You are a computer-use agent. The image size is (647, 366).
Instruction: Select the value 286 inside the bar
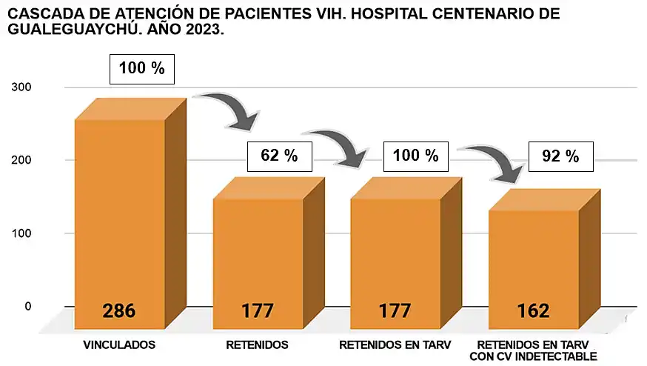pos(118,310)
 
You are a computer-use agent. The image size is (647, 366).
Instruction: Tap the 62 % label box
pos(278,156)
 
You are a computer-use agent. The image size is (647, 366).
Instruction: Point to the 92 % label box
pos(560,156)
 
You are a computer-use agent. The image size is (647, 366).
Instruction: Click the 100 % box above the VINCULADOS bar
pos(142,70)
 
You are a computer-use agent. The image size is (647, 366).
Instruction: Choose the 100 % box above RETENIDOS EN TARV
pos(416,156)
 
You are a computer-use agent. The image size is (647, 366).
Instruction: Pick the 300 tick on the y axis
pos(21,87)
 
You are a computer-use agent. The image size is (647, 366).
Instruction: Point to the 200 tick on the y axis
pos(21,160)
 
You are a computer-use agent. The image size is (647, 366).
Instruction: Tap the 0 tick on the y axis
pos(28,305)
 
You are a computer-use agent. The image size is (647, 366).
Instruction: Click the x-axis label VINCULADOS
pos(118,345)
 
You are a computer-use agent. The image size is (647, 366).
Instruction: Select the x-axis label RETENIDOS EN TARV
pos(395,345)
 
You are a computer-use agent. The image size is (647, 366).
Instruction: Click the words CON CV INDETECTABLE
pos(533,356)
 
